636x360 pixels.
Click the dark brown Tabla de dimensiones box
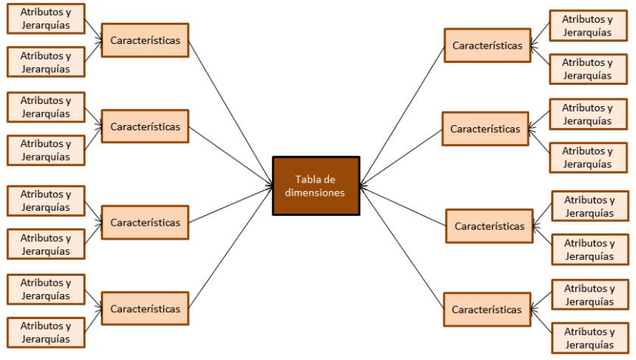click(315, 186)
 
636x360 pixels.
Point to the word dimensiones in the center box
click(315, 193)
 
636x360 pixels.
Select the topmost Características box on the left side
click(145, 40)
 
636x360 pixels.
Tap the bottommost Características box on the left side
click(145, 309)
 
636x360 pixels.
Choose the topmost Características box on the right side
click(487, 45)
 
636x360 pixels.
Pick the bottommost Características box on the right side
click(487, 309)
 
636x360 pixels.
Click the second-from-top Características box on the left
click(145, 127)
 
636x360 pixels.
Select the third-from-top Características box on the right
click(489, 226)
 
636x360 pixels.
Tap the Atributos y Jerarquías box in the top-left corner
click(45, 19)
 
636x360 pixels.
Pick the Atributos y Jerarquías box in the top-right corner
click(587, 26)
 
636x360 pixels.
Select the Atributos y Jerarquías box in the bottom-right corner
click(590, 338)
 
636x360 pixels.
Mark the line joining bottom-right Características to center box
click(402, 246)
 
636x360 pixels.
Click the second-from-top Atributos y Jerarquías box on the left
click(45, 62)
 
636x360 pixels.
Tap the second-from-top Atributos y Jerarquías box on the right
click(587, 69)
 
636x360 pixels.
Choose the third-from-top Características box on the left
click(145, 223)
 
